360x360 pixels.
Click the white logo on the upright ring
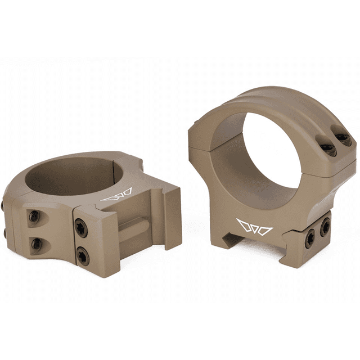(255, 228)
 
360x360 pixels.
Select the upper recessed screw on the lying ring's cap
(34, 216)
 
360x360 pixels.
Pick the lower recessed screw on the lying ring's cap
(36, 243)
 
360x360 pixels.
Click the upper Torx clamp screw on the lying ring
(82, 228)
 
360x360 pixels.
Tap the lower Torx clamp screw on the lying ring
(83, 256)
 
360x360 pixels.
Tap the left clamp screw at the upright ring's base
(310, 238)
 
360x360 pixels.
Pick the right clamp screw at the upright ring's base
(325, 227)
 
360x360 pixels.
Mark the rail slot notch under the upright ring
(232, 240)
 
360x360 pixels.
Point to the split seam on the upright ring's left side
(200, 147)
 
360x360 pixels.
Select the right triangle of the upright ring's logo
(265, 230)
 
